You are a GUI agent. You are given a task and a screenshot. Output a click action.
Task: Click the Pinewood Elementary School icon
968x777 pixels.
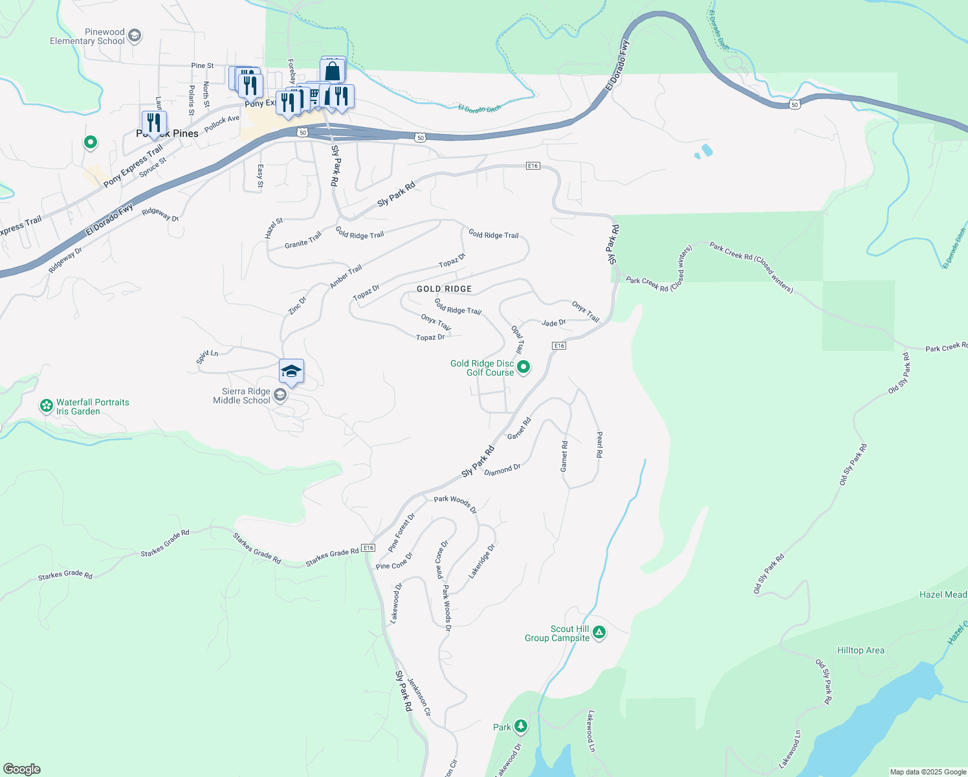tap(135, 35)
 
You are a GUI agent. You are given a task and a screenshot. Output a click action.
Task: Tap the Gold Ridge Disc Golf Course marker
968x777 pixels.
tap(523, 368)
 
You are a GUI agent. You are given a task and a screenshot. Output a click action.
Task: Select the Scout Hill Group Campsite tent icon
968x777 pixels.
tap(599, 633)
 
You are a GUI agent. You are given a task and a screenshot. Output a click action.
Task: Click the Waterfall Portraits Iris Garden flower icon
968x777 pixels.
tap(46, 406)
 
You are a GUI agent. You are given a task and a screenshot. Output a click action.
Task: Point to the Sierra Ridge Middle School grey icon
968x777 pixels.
tap(280, 395)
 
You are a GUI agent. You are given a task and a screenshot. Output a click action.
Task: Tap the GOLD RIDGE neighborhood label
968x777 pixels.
tap(444, 289)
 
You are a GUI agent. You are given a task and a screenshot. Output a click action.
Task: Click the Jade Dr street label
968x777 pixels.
tap(554, 322)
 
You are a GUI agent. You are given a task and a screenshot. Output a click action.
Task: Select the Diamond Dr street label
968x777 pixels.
tap(502, 469)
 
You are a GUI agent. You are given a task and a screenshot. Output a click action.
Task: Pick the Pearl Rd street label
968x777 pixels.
tap(599, 445)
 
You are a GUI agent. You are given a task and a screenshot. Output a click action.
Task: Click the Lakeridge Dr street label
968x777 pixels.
tap(482, 561)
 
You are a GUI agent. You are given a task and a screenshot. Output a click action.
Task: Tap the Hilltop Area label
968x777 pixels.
tap(861, 650)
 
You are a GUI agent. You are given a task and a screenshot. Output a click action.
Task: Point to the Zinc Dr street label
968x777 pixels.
tap(298, 306)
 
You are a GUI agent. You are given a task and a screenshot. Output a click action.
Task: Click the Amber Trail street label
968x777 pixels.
tap(346, 277)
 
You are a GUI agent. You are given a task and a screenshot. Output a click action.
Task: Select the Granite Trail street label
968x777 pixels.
tap(303, 240)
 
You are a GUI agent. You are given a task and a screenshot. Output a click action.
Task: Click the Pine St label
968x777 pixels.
tap(202, 65)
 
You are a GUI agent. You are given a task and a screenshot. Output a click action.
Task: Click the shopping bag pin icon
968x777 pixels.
tap(333, 71)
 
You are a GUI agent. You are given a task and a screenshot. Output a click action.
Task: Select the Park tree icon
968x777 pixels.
tap(521, 726)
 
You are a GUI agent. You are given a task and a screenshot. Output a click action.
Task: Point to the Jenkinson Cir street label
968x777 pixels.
tap(419, 697)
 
